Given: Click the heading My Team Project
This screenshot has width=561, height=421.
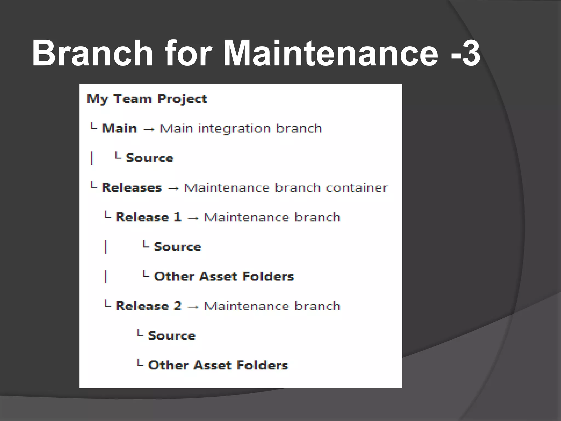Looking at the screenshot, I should click(x=147, y=99).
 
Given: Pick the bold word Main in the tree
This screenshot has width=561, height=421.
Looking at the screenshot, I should click(x=119, y=128).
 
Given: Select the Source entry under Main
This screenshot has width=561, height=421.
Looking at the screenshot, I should click(x=150, y=158).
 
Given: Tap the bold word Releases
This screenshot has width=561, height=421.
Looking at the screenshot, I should click(x=132, y=188).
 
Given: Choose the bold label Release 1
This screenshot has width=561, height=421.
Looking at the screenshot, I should click(x=149, y=217).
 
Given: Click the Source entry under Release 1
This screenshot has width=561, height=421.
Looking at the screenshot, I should click(x=178, y=247).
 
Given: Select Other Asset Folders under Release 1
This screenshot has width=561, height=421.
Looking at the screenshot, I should click(x=224, y=276).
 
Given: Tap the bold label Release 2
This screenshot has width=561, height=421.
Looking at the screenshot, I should click(x=149, y=306).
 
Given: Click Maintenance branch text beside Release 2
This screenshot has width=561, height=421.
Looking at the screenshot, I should click(x=272, y=306).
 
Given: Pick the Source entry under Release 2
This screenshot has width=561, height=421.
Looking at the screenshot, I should click(x=172, y=336).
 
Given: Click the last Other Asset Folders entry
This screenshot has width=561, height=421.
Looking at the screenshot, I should click(x=218, y=365).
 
